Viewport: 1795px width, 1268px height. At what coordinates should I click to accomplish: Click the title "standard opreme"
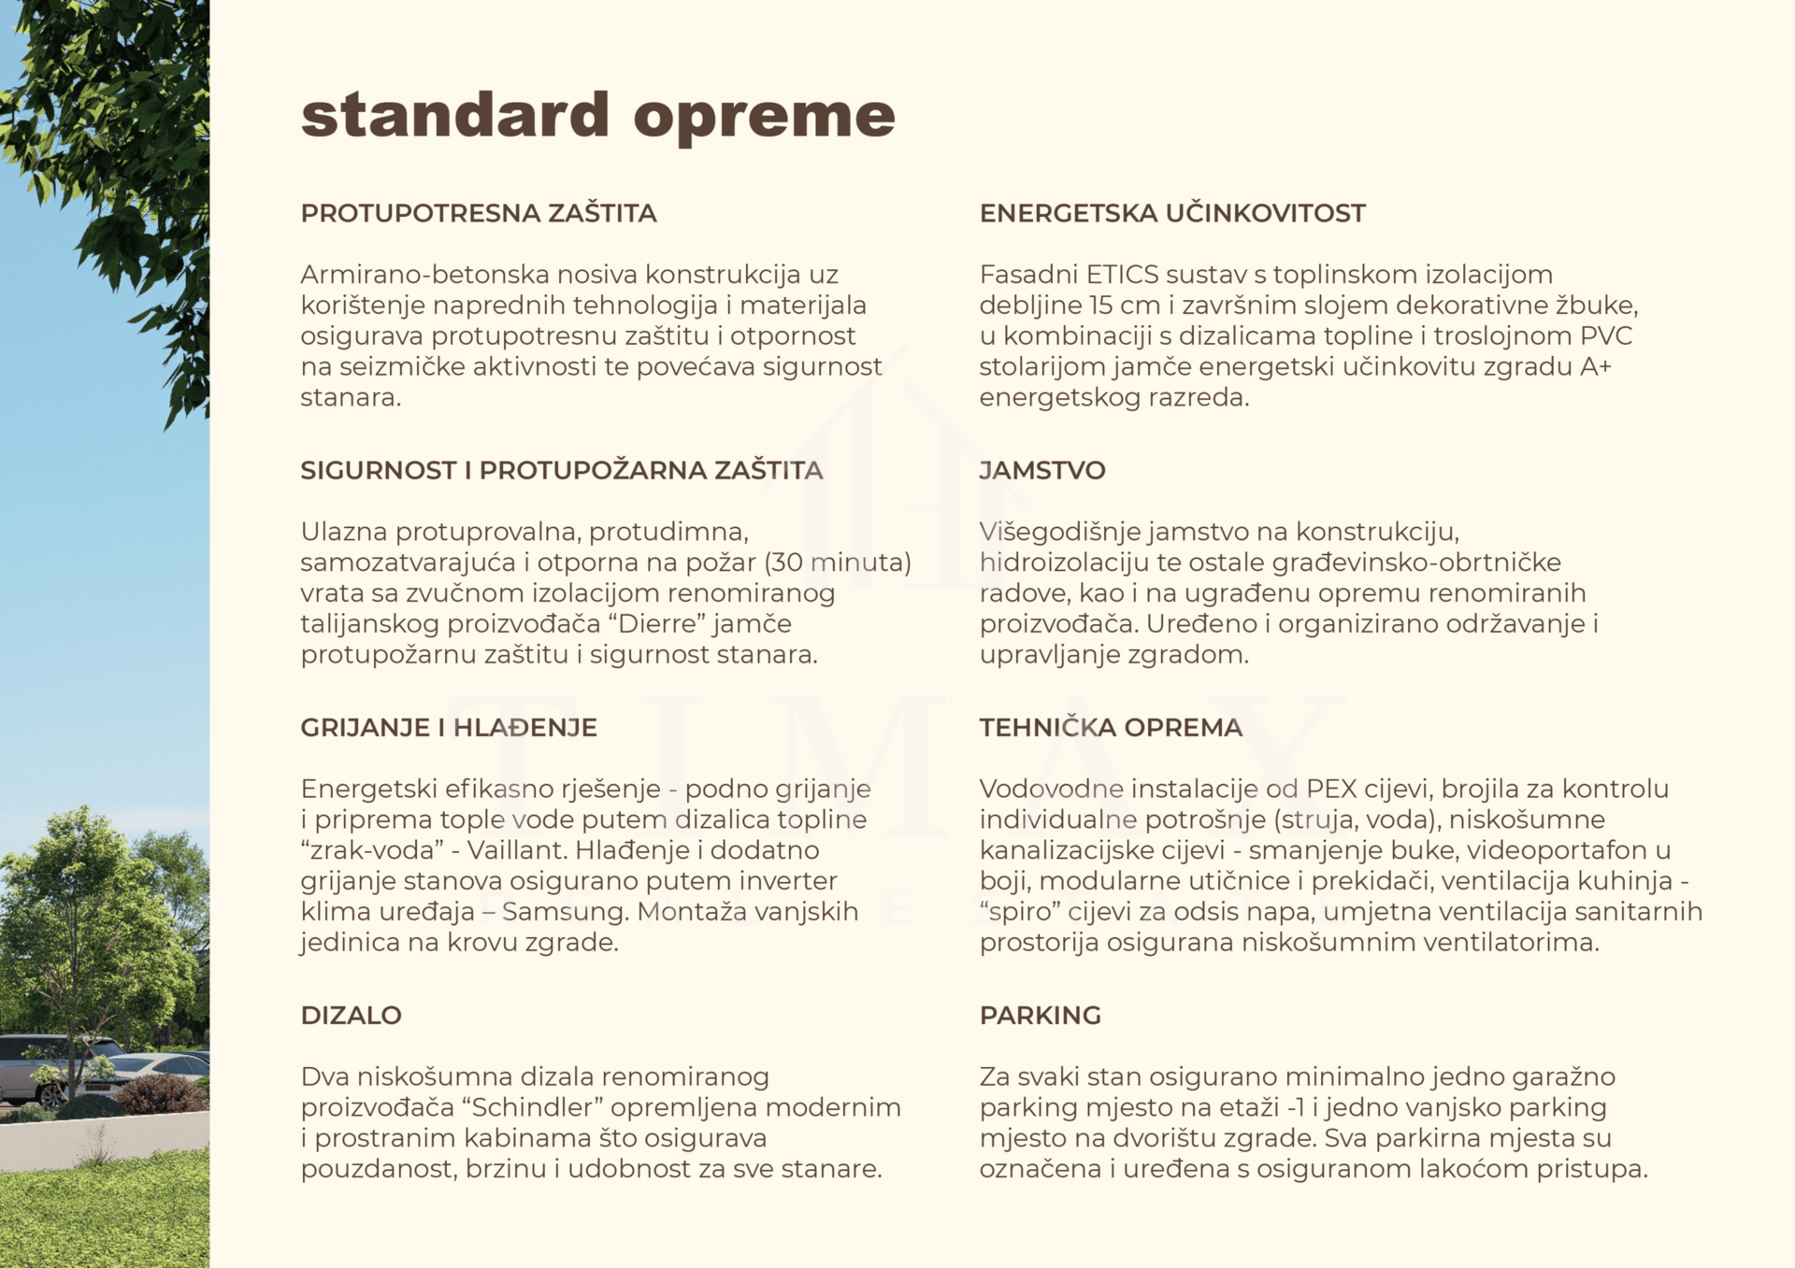(597, 116)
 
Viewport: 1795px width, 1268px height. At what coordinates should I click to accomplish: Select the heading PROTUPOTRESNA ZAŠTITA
(478, 213)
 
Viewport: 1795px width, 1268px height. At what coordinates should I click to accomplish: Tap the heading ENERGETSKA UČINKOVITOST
(1171, 213)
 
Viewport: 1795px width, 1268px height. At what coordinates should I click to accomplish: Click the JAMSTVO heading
(1041, 470)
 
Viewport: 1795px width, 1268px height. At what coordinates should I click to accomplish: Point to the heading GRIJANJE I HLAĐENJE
(448, 727)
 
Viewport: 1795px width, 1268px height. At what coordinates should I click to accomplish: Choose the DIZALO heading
(351, 1015)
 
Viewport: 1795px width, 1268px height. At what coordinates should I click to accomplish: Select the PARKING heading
(1040, 1015)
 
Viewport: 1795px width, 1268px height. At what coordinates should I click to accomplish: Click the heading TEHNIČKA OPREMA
(1110, 727)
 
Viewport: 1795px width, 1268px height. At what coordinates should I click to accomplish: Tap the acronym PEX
(1331, 789)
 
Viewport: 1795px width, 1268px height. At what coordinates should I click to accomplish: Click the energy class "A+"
(1596, 366)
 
